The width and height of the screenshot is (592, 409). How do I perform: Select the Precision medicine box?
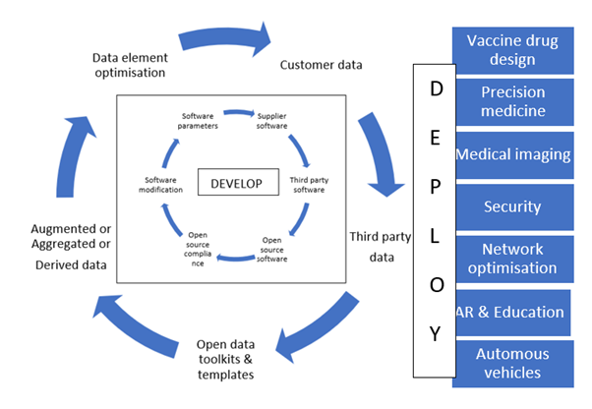pyautogui.click(x=512, y=102)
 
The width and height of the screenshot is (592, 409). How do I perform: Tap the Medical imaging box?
pyautogui.click(x=512, y=155)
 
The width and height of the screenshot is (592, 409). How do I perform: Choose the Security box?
pyautogui.click(x=512, y=206)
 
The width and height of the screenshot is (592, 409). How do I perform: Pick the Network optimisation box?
pyautogui.click(x=512, y=259)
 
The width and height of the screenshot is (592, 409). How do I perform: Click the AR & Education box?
pyautogui.click(x=510, y=312)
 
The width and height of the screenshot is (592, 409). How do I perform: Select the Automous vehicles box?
pyautogui.click(x=512, y=363)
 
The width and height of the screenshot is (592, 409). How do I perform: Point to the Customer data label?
pyautogui.click(x=322, y=66)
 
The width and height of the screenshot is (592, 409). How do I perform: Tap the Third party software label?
pyautogui.click(x=311, y=186)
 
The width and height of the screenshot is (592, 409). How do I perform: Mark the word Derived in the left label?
pyautogui.click(x=43, y=266)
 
